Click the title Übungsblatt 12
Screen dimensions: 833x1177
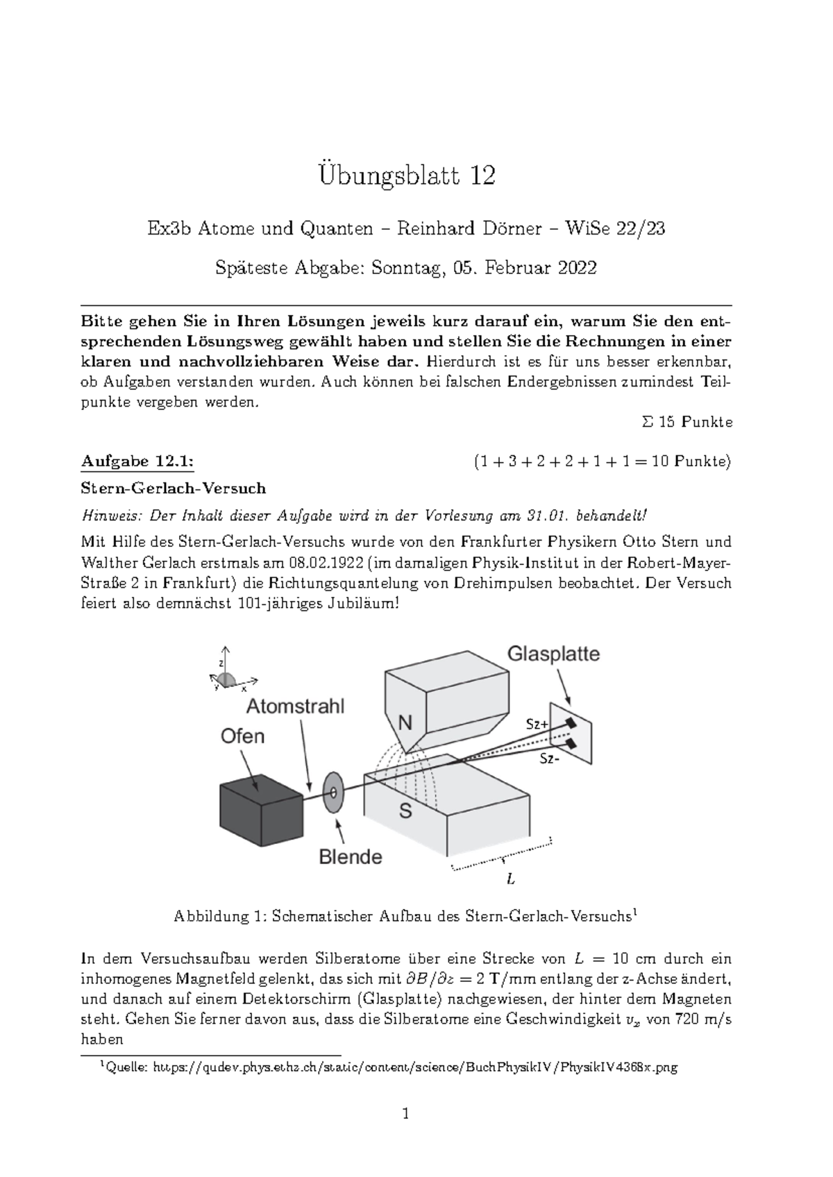[406, 176]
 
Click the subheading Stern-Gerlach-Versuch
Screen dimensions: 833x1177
[174, 489]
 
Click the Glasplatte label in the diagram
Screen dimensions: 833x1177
[553, 654]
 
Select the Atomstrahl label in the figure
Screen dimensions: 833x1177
[296, 706]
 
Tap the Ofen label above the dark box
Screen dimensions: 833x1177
[242, 736]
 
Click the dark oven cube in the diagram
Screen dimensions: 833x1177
[261, 811]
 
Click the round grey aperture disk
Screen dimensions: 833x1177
[334, 792]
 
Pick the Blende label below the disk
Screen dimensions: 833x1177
[351, 857]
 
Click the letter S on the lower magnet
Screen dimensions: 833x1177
[405, 809]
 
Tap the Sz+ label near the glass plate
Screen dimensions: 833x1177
[537, 724]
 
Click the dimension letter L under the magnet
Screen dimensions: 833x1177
[511, 879]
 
